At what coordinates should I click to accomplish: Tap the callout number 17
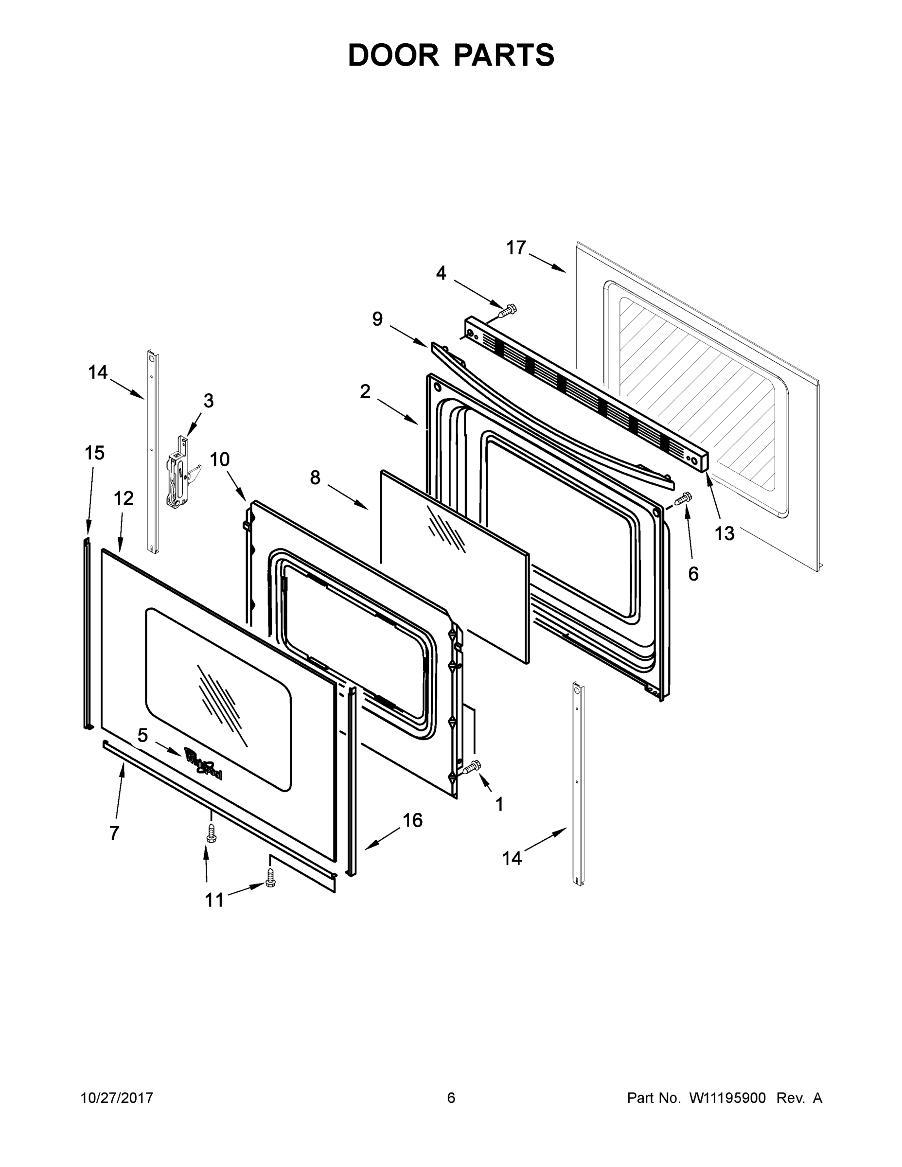515,248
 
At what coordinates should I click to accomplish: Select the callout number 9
377,319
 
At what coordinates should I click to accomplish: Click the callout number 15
95,453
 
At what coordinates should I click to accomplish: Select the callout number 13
725,533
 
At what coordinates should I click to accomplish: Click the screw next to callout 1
471,768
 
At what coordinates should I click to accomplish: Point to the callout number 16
412,820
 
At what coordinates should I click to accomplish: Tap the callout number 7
114,833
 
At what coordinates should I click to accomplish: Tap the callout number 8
315,477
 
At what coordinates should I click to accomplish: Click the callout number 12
124,498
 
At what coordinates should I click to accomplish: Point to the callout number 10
220,459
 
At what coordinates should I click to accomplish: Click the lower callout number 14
512,858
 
